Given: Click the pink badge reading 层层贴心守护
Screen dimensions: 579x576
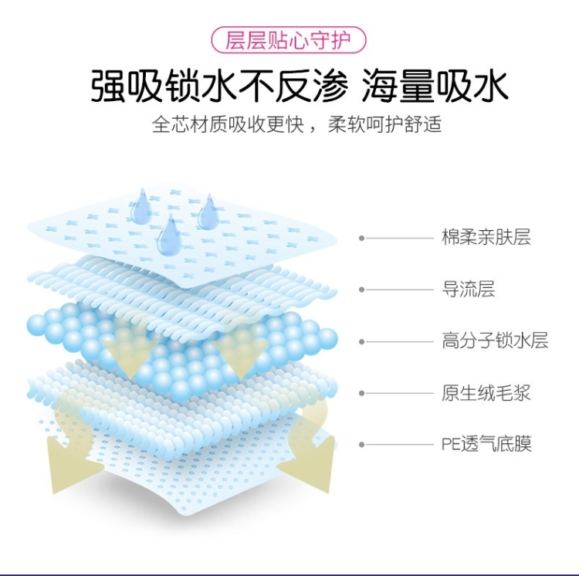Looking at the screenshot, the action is coord(288,40).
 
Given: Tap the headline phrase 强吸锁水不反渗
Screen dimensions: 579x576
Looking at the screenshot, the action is coord(218,86).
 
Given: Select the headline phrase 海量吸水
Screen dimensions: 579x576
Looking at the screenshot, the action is coord(435,86).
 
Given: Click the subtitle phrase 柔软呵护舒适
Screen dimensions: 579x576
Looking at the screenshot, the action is coord(384,125).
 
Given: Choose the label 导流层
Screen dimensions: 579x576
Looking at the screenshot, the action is coord(468,290).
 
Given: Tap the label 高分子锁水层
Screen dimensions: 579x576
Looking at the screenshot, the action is coord(495,341).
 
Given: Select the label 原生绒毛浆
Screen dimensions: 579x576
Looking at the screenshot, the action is coord(486,393).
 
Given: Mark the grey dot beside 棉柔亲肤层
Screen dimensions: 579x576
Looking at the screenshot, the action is coord(361,238).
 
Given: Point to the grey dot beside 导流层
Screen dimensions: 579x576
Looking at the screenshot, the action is coord(361,290).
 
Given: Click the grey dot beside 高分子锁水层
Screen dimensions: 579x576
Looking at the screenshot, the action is coord(361,341).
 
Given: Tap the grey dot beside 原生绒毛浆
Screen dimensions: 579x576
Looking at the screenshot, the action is coord(361,393).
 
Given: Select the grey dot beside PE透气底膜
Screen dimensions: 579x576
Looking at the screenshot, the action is coord(361,445).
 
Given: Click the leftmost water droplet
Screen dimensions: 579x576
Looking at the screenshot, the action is coord(141,207).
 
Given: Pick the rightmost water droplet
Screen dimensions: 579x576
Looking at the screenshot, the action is coord(207,212).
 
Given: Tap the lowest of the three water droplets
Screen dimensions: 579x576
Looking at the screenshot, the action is coord(169,235).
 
